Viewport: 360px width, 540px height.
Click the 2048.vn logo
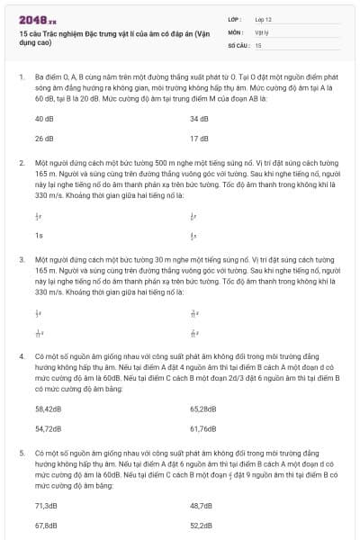[x=35, y=18]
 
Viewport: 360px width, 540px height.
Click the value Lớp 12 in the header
[x=264, y=18]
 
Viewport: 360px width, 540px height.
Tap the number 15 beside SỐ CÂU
[x=258, y=44]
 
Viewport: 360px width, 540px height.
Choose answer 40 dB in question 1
[x=44, y=119]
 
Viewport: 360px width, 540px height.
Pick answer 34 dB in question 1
[x=199, y=119]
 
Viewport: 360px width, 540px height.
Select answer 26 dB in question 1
[x=44, y=139]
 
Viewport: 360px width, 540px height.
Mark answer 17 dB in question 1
[x=199, y=139]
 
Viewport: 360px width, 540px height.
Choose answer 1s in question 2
[x=39, y=236]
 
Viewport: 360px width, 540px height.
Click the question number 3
[x=21, y=258]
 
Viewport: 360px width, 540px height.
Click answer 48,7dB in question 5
[x=202, y=505]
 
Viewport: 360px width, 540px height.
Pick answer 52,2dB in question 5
[x=202, y=526]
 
